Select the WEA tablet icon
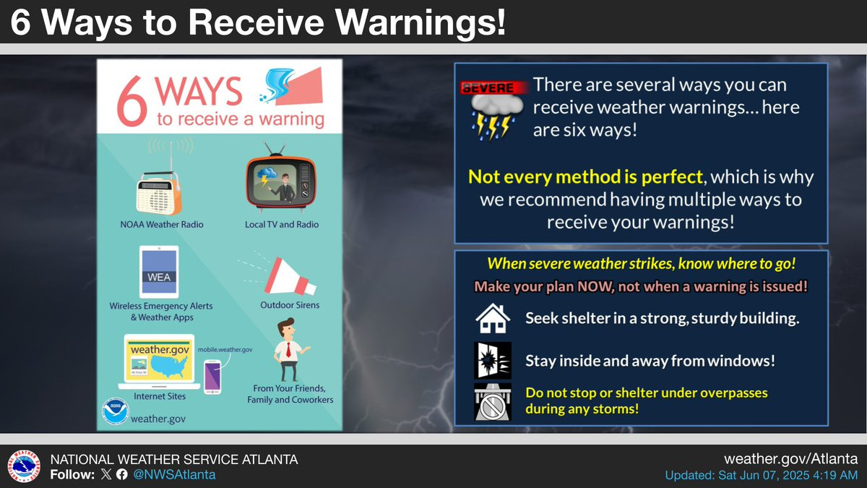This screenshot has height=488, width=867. point(159,272)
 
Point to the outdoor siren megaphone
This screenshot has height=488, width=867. point(290,276)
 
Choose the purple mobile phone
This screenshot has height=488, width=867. point(212,377)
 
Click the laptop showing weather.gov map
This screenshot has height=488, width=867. point(159,361)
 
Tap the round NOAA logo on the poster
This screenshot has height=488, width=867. point(116,411)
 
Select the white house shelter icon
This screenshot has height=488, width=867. point(493,318)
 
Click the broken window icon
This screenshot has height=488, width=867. point(493,360)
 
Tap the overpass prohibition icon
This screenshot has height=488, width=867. point(493,402)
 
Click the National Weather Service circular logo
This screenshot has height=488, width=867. point(24,466)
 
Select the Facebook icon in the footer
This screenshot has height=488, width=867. point(121,474)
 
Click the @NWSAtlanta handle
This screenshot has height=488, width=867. point(174,474)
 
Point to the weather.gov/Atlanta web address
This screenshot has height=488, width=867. point(790,459)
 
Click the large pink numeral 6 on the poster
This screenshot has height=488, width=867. point(132,101)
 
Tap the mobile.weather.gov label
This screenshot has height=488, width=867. point(225,349)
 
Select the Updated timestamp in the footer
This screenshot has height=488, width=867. point(762,475)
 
